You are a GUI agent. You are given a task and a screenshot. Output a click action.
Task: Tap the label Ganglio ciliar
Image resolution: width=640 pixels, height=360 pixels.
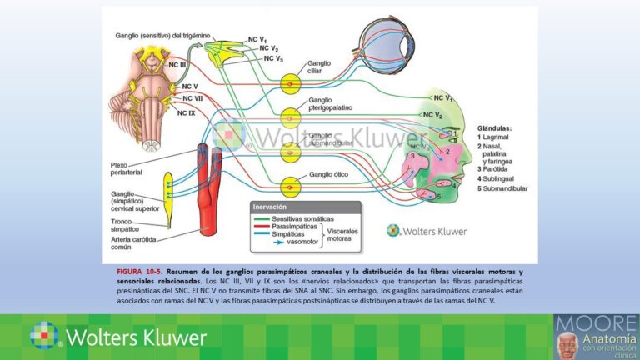pos(321,67)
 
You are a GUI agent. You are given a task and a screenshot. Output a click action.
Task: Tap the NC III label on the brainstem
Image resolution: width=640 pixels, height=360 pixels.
pos(178,65)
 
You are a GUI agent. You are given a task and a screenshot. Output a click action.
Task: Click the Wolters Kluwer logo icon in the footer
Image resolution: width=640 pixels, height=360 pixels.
pos(43,335)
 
